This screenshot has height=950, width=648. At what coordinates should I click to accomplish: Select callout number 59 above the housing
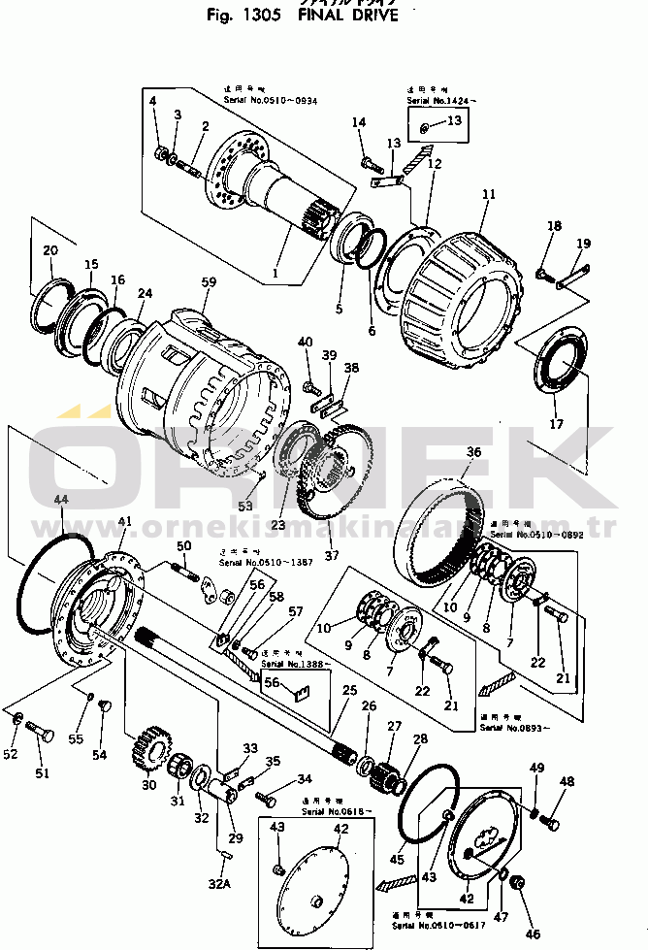[x=208, y=283]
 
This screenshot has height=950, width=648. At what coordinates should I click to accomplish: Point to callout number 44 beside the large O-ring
[x=60, y=499]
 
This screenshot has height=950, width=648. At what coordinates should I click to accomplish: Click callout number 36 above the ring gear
[x=473, y=451]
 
